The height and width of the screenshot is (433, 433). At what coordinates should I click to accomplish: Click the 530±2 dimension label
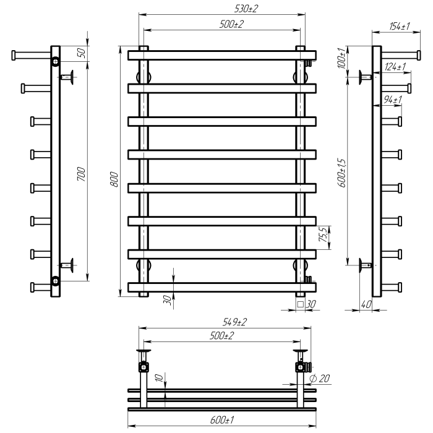pos(246,9)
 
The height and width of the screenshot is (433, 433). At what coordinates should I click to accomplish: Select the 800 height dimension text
pos(114,179)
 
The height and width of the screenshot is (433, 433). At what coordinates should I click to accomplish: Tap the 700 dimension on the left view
pos(82,174)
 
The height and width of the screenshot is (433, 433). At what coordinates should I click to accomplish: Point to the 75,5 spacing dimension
pos(324,234)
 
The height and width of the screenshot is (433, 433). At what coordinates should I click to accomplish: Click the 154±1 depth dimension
pos(400,26)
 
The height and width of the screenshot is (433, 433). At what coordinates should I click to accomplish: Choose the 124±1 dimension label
pos(395,67)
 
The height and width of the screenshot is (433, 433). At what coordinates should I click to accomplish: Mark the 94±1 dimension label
pos(393,100)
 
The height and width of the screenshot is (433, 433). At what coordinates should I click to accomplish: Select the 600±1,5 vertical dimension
pos(341,173)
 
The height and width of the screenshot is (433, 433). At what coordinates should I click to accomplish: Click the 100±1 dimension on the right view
pos(341,58)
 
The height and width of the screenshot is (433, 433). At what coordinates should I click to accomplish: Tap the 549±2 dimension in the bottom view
pos(234,322)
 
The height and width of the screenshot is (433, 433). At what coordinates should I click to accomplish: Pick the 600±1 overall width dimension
pos(222,420)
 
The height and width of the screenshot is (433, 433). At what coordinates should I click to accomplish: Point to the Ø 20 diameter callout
pos(320,379)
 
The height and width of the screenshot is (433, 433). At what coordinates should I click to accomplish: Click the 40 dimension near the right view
pos(366,304)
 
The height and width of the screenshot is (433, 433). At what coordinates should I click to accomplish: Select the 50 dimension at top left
pos(82,53)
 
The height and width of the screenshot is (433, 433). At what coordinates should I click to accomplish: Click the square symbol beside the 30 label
pos(300,304)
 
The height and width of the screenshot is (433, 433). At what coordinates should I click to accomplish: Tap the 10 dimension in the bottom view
pos(160,378)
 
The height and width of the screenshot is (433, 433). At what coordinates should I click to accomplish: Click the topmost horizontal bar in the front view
pos(222,55)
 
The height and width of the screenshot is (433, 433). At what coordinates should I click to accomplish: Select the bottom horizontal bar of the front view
pos(222,287)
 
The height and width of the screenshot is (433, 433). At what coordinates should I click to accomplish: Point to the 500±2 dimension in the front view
pos(232,24)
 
